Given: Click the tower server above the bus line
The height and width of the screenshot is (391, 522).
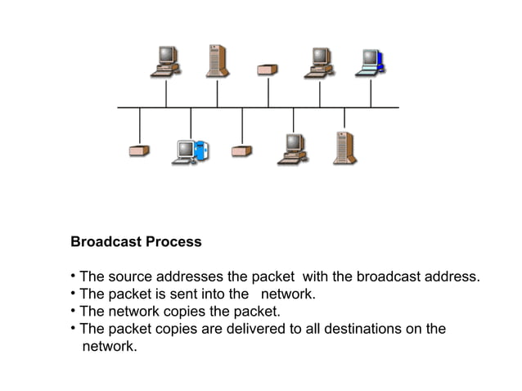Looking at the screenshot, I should click(217, 61).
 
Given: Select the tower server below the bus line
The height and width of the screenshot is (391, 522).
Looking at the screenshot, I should click(344, 147).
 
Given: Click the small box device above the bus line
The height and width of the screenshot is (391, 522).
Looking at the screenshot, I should click(268, 70).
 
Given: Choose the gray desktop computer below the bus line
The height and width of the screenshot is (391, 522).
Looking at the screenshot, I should click(292, 148).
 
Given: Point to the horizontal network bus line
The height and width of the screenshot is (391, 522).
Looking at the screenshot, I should click(258, 107).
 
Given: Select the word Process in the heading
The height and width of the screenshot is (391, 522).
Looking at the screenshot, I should click(173, 243).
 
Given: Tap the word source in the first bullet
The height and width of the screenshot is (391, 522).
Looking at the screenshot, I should click(131, 276).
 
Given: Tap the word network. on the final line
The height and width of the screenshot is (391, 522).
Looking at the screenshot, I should click(110, 347).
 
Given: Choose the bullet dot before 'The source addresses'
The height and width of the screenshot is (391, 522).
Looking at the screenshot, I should click(74, 276).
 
